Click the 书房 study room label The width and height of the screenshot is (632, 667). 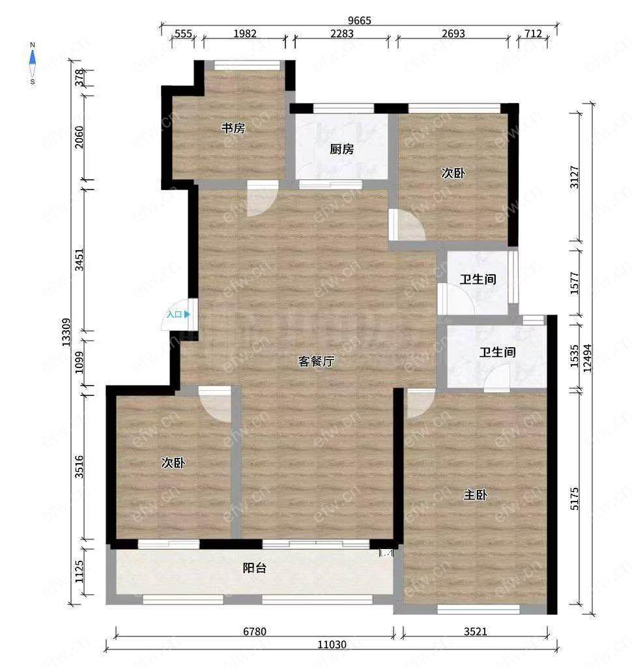pos(233,128)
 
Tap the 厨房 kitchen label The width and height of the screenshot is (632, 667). pos(342,149)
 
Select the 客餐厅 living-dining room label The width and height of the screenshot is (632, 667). pos(316,361)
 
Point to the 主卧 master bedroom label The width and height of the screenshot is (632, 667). pos(476,495)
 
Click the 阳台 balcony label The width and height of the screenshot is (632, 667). pos(255,567)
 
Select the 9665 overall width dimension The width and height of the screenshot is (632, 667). pos(360,20)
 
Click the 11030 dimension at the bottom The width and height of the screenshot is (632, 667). pos(332,644)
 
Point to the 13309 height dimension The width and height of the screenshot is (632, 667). pos(66,332)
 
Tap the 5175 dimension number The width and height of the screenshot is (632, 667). pos(575,498)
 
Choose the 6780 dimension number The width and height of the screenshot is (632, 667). pos(255,631)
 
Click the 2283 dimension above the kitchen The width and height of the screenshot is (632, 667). pos(342,33)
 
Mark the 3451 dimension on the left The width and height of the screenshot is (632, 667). pos(79,259)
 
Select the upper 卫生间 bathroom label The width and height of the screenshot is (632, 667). pos(478,279)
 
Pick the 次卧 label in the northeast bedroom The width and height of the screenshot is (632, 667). pos(453,173)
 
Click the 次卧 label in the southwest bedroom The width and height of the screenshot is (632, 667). pos(173,463)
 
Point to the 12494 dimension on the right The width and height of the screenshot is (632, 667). pos(588,358)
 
